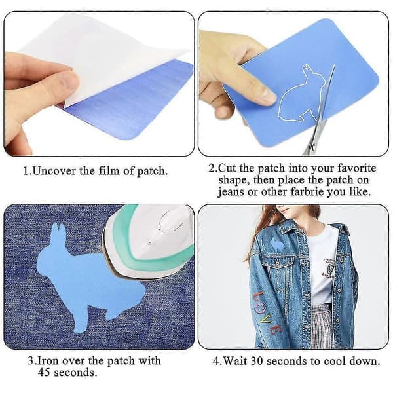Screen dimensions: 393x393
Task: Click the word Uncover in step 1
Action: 54,171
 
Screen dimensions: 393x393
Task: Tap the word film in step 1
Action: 109,171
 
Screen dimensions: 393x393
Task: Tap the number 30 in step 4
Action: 257,362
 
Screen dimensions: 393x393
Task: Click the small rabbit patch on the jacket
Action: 276,244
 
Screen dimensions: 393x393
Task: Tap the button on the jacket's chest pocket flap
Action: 278,263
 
